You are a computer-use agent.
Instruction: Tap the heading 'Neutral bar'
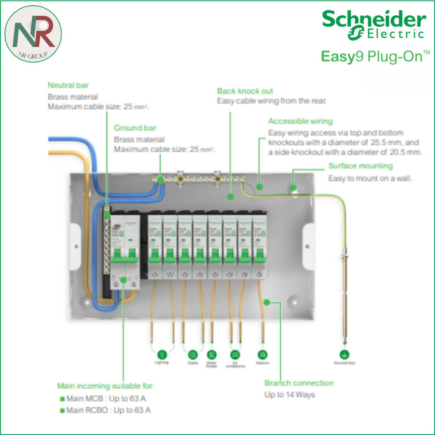coord(68,85)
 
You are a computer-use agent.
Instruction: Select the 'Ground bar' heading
coord(135,128)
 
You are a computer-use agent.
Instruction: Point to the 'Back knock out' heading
coord(245,91)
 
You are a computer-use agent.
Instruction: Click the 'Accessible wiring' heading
coord(300,121)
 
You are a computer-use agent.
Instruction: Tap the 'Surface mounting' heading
coord(360,166)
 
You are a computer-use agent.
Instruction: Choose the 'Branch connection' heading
coord(299,383)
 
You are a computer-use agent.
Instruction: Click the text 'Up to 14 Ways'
coord(290,395)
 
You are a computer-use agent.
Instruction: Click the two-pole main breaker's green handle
coord(124,255)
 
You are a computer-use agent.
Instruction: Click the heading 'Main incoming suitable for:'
coord(106,386)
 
